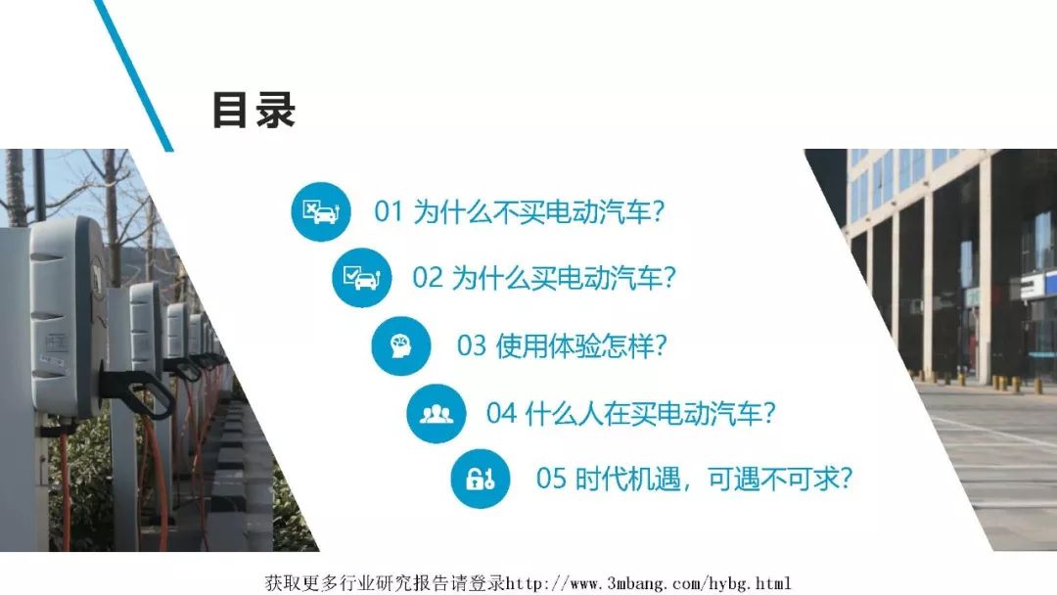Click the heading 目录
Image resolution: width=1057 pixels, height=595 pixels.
click(254, 110)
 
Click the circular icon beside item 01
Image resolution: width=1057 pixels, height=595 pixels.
click(321, 211)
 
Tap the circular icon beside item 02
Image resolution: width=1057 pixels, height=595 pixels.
click(362, 278)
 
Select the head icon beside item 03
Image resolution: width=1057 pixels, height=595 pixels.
click(401, 345)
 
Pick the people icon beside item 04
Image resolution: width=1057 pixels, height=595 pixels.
click(437, 414)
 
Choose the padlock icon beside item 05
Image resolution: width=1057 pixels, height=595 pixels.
click(481, 480)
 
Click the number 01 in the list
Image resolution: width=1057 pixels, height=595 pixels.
click(389, 211)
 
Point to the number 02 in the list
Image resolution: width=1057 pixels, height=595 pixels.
click(428, 278)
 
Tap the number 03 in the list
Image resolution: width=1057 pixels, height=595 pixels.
click(471, 345)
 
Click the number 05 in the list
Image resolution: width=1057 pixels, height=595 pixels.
click(551, 480)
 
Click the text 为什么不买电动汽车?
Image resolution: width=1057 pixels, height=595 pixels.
click(538, 211)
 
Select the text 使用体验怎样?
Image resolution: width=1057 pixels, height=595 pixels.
click(581, 345)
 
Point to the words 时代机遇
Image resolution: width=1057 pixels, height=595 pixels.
click(627, 480)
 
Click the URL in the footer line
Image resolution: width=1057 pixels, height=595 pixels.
click(648, 583)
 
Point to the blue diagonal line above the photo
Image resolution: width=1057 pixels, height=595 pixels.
click(133, 74)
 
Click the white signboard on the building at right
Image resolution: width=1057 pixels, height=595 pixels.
click(1037, 283)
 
